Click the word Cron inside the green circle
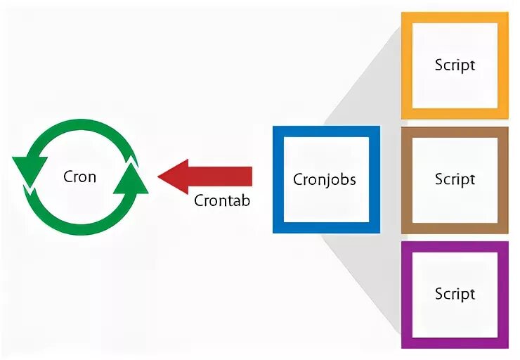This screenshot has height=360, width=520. pyautogui.click(x=80, y=176)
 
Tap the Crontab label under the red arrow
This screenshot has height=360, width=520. pyautogui.click(x=222, y=200)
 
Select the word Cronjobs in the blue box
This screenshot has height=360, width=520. pyautogui.click(x=325, y=179)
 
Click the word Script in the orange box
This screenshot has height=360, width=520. pyautogui.click(x=455, y=65)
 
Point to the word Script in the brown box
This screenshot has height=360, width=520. pyautogui.click(x=455, y=179)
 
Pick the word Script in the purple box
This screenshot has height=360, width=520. pyautogui.click(x=455, y=293)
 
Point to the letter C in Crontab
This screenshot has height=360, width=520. pyautogui.click(x=199, y=200)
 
